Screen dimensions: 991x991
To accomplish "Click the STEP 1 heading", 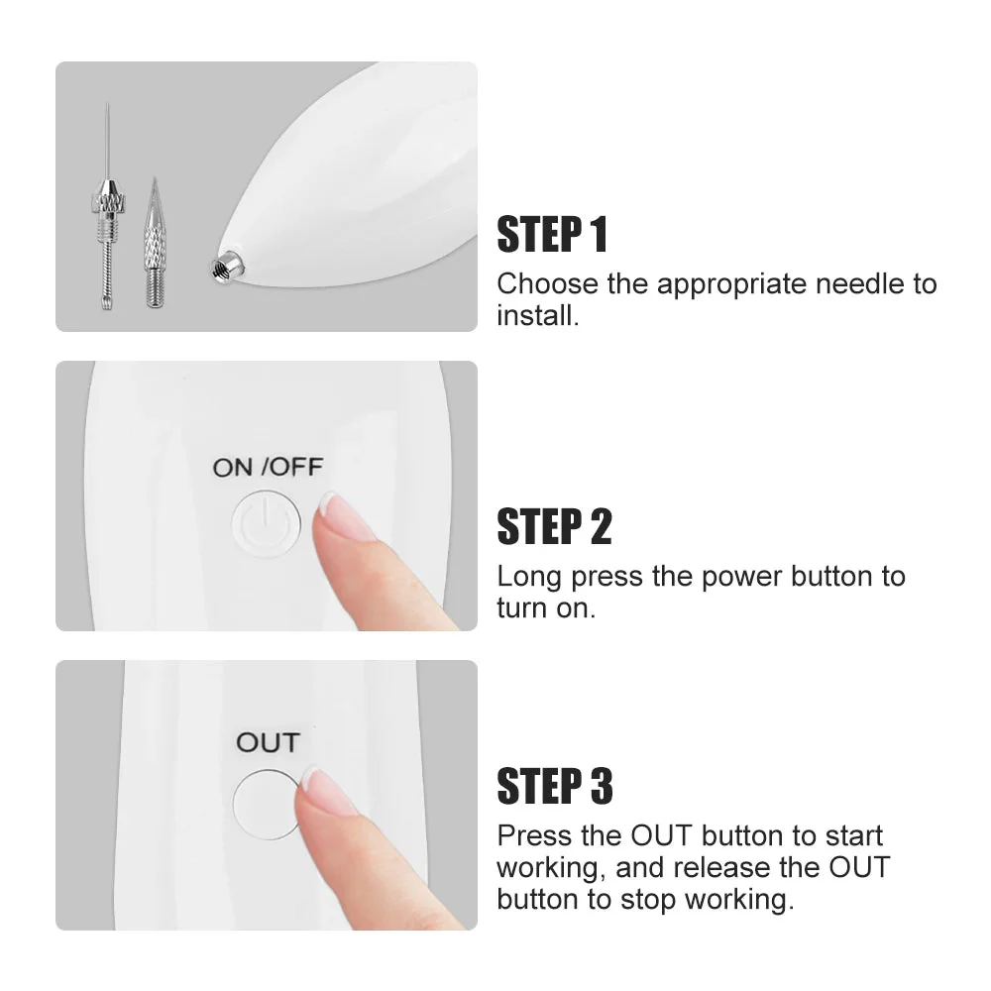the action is (552, 235).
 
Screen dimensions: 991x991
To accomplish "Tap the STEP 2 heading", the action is (554, 526).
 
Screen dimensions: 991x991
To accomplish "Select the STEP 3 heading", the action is (555, 786).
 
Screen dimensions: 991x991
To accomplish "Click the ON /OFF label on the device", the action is (268, 468).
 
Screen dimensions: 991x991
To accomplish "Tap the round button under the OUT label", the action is (266, 805).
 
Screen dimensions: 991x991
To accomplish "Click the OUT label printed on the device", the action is (268, 742).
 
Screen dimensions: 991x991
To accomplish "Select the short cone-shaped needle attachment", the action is (154, 244).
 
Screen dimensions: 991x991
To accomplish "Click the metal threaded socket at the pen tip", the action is (224, 268).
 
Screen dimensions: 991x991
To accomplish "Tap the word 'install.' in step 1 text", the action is (538, 315).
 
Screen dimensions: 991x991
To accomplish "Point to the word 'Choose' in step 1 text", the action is (547, 283).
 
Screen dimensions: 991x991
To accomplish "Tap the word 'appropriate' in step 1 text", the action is (731, 285).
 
